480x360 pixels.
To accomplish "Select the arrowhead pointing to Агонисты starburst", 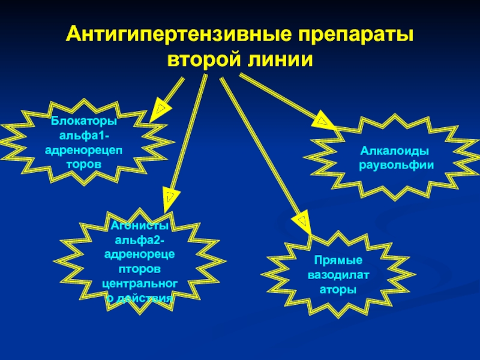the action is tap(170, 196).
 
